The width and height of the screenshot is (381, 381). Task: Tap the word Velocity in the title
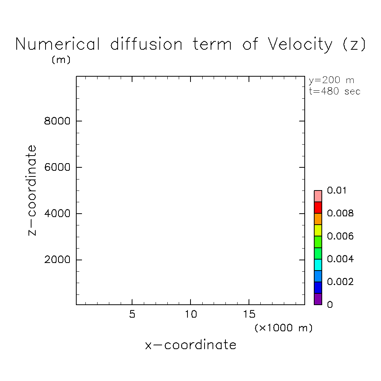[300, 44]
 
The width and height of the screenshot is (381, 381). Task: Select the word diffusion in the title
[146, 44]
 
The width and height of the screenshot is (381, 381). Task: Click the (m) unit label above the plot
[61, 60]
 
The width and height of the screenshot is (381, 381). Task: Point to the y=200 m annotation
[332, 81]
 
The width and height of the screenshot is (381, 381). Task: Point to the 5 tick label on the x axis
[132, 315]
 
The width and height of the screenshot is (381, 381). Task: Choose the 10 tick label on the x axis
[190, 315]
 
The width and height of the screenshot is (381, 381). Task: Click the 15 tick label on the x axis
[249, 315]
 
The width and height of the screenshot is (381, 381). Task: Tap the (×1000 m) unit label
[284, 328]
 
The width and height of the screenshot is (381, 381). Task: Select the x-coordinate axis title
[190, 345]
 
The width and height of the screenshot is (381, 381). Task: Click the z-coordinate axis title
[33, 190]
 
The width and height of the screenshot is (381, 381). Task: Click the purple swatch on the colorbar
[318, 299]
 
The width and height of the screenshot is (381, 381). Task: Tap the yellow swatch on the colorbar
[318, 230]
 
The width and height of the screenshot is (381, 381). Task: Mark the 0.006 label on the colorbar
[340, 236]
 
